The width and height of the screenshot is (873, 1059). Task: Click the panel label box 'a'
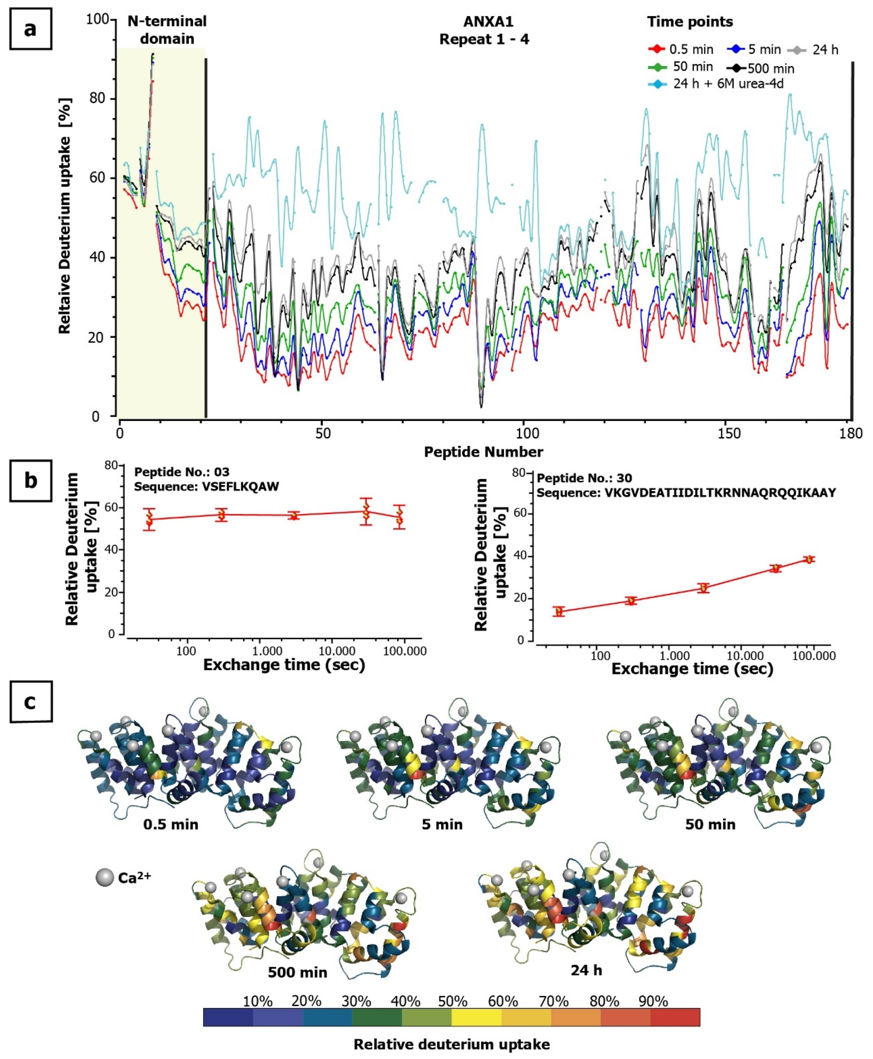point(30,29)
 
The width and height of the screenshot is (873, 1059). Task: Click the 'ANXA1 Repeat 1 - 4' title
point(484,30)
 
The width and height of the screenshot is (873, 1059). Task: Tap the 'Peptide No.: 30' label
point(584,478)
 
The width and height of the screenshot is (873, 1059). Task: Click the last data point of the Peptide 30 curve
point(809,559)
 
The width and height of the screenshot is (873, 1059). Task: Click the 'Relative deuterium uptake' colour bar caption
point(451,1044)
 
